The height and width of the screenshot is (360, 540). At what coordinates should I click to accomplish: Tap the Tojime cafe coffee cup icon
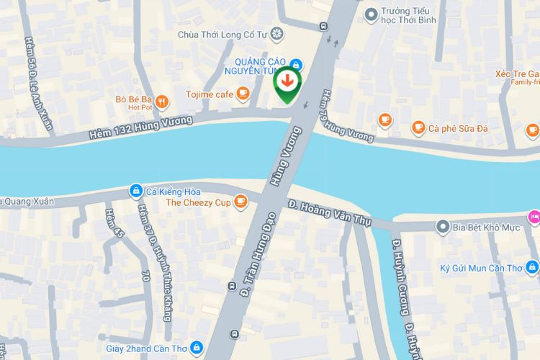point(243,93)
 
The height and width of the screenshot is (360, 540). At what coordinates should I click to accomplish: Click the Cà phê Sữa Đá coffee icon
point(418,128)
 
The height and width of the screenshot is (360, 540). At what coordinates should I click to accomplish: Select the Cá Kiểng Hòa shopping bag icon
point(135,191)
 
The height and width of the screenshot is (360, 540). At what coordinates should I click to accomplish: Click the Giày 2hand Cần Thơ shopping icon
point(197,348)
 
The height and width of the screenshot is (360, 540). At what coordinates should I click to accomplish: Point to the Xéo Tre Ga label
point(517,74)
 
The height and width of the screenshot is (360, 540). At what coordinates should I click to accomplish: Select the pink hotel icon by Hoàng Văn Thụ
point(534,216)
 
